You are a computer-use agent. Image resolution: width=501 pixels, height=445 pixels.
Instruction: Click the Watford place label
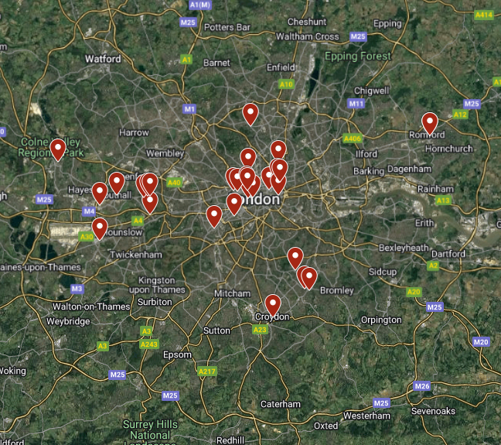103,59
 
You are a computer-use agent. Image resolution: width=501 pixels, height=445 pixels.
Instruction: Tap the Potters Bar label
228,27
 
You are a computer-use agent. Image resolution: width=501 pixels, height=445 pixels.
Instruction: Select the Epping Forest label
357,56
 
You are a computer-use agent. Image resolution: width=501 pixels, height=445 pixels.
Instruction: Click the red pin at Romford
429,123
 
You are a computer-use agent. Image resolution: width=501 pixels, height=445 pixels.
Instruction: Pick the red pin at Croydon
272,304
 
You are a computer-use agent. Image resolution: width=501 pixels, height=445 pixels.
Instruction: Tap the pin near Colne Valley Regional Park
57,149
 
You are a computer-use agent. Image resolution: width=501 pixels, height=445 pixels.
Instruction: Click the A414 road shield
485,15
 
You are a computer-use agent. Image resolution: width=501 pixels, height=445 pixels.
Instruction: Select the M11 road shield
356,104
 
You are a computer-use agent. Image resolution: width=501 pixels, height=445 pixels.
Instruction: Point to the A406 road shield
352,139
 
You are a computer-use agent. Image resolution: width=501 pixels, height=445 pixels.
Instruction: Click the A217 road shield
207,372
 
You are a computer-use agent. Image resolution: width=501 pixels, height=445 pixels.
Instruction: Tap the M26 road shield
422,386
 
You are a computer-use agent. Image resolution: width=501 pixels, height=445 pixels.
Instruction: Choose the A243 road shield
150,344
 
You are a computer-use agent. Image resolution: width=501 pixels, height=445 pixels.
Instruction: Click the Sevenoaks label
439,411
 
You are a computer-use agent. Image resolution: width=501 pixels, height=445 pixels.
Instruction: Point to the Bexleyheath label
404,248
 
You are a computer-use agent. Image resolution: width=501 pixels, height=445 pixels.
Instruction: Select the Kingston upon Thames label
162,285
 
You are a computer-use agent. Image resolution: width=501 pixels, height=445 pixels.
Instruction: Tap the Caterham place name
280,404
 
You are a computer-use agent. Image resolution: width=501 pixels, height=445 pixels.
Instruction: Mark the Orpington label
381,320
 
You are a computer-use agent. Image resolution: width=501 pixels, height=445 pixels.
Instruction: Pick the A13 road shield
443,200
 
